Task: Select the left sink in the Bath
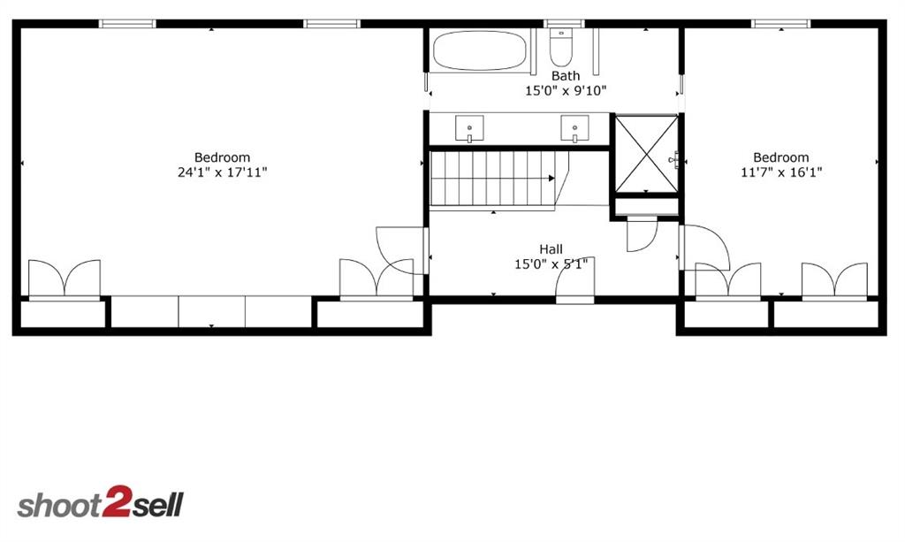coord(469,128)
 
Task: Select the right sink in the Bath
coord(574,128)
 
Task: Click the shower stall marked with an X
coord(645,153)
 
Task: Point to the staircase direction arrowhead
coord(551,178)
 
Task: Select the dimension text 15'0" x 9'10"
coord(566,91)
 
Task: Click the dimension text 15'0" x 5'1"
coord(551,264)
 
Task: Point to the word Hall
coord(551,249)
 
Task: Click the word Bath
coord(566,76)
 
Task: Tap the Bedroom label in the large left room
coord(222,158)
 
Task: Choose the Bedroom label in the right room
coord(781,158)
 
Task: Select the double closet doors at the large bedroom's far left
coord(65,279)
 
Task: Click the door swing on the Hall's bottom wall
coord(575,282)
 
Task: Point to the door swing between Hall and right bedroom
coord(705,248)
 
